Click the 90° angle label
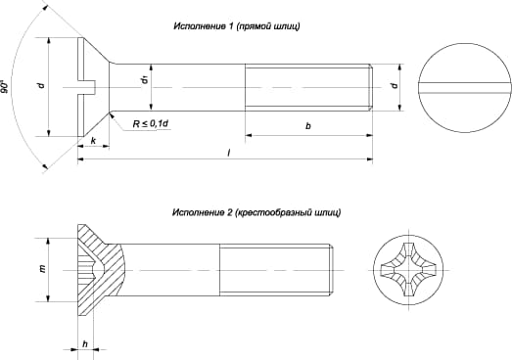click(5, 86)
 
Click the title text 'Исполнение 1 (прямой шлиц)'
click(237, 26)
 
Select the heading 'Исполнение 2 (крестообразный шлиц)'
click(256, 212)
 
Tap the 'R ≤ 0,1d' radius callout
click(151, 123)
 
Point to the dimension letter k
click(93, 141)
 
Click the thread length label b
click(308, 125)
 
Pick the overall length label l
click(229, 152)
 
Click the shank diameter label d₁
click(145, 79)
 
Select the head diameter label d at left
click(41, 85)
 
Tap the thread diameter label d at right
click(395, 85)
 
